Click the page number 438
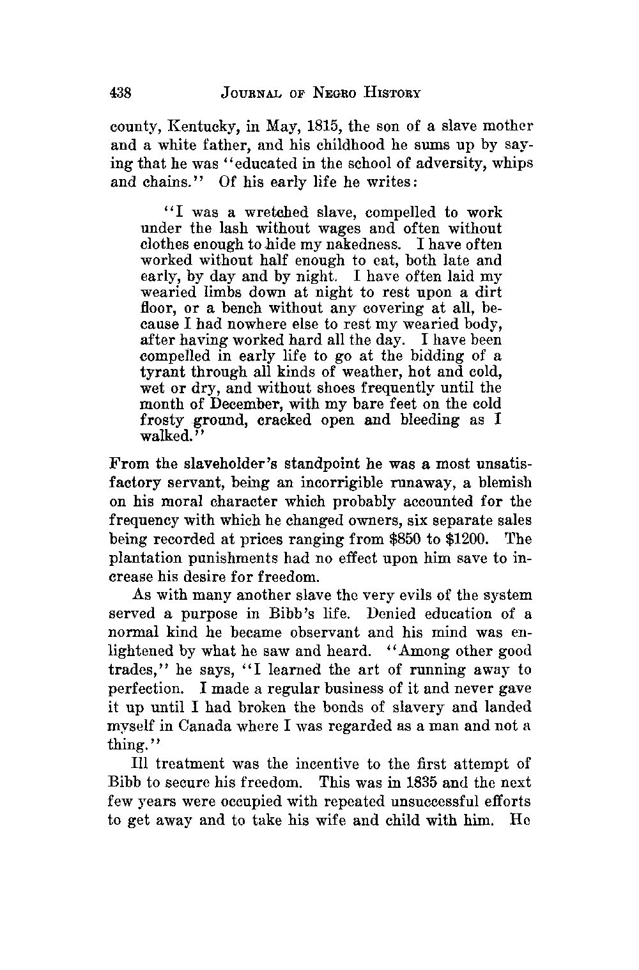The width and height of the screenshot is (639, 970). (x=121, y=93)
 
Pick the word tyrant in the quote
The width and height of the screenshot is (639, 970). (x=160, y=372)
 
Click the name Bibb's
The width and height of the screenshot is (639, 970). (x=319, y=614)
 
